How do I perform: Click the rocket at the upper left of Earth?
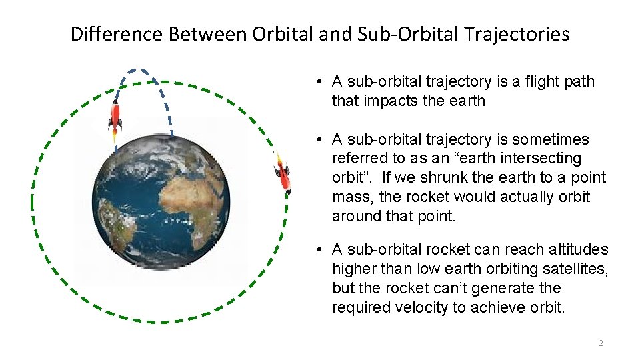[115, 118]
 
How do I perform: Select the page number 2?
[601, 343]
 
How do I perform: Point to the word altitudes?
[577, 249]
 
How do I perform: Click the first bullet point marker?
[321, 82]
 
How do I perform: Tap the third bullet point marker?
[321, 250]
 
